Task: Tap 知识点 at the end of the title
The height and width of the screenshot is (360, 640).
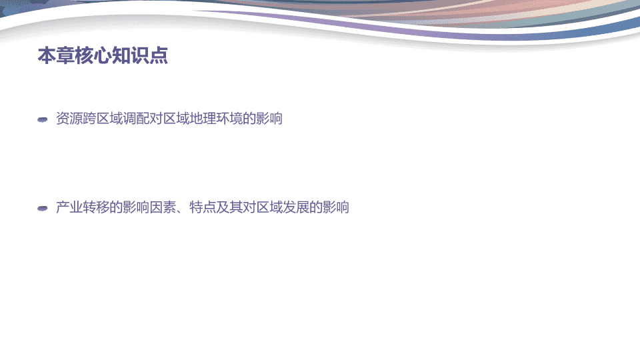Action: [139, 55]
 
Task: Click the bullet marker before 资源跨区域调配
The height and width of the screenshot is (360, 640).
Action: [43, 119]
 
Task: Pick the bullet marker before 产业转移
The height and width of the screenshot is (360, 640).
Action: [43, 209]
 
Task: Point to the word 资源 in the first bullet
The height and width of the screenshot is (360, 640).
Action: [69, 119]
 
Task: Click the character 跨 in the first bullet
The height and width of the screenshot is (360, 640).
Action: [89, 119]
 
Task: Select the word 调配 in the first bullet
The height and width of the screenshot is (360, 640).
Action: [135, 119]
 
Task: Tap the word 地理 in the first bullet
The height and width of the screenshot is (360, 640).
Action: [203, 119]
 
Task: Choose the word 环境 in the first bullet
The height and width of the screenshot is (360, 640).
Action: [229, 119]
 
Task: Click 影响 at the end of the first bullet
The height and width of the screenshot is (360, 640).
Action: [269, 119]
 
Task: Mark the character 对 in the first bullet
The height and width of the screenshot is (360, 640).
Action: [155, 119]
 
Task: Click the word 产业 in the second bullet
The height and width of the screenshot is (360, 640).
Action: [69, 207]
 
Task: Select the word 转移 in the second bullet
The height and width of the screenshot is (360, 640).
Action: [95, 207]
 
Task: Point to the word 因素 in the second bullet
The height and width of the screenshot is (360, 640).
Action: [163, 207]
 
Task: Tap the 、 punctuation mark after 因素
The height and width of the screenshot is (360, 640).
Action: [180, 211]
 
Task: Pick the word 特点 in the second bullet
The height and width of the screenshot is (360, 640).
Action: [203, 207]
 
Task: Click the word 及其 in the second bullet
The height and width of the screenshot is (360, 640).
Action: [229, 207]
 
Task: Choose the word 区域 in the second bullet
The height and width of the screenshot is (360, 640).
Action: [269, 207]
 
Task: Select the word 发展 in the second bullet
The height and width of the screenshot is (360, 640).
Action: [295, 207]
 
